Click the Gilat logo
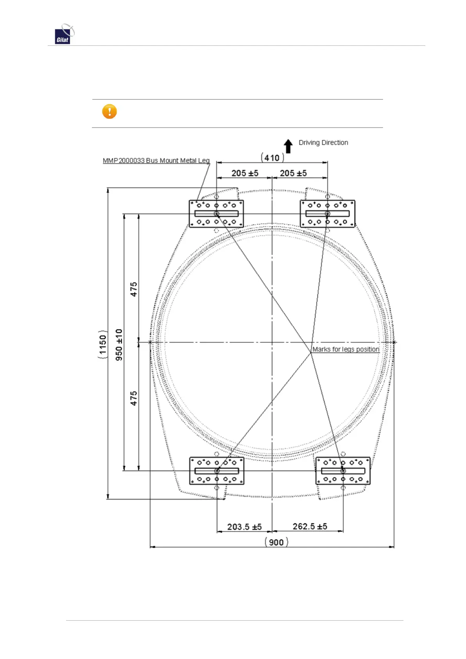click(65, 34)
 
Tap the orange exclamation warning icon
click(110, 112)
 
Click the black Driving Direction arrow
click(288, 146)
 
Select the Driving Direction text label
click(323, 143)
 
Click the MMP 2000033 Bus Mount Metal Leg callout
click(156, 160)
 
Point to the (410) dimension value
click(272, 158)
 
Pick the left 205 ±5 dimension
click(245, 173)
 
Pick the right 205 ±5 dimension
click(293, 173)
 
